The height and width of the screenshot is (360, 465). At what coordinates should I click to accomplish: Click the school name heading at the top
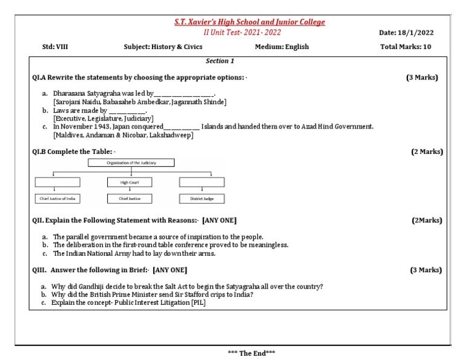tap(249, 22)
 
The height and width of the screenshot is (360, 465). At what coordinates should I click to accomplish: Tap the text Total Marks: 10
tap(406, 47)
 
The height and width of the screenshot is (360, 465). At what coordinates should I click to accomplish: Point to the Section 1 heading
tap(220, 61)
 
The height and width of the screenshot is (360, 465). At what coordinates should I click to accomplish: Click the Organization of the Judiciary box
tap(131, 163)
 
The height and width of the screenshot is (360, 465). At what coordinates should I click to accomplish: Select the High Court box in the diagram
tap(129, 182)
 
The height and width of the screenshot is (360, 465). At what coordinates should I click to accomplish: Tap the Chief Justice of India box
tap(58, 199)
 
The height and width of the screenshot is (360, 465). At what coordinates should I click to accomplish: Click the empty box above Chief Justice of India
tap(58, 182)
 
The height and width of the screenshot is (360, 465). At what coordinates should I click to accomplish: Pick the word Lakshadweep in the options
tap(171, 135)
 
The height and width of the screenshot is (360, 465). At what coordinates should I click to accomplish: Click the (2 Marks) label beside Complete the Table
tap(427, 152)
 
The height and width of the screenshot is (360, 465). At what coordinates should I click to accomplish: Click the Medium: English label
tap(282, 47)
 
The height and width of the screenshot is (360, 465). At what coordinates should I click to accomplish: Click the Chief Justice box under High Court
tap(129, 199)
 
